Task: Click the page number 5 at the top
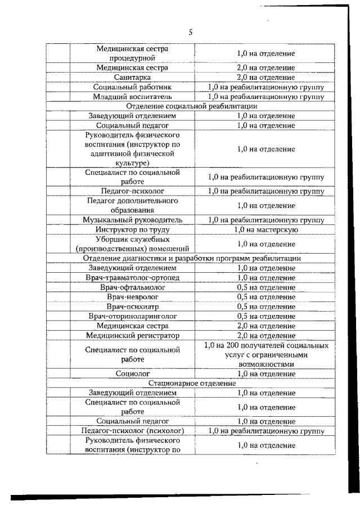pyautogui.click(x=190, y=32)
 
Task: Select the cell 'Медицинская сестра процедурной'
pyautogui.click(x=132, y=53)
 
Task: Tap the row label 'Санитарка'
pyautogui.click(x=132, y=77)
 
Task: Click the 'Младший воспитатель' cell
pyautogui.click(x=132, y=96)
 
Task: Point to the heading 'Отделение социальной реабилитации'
pyautogui.click(x=192, y=106)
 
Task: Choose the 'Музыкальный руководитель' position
pyautogui.click(x=132, y=220)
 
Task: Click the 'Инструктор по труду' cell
pyautogui.click(x=132, y=229)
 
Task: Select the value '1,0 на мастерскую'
pyautogui.click(x=265, y=229)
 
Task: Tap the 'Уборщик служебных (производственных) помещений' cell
pyautogui.click(x=132, y=244)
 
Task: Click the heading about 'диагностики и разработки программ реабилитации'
pyautogui.click(x=192, y=258)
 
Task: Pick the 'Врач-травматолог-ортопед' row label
pyautogui.click(x=132, y=278)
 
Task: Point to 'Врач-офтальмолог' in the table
pyautogui.click(x=132, y=287)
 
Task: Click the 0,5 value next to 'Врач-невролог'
pyautogui.click(x=265, y=297)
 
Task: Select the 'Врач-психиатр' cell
pyautogui.click(x=132, y=307)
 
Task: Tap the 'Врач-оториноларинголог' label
pyautogui.click(x=132, y=317)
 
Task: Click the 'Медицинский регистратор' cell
pyautogui.click(x=132, y=336)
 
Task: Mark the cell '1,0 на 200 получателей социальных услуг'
pyautogui.click(x=265, y=354)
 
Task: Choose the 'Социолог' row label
pyautogui.click(x=132, y=373)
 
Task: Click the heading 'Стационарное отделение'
pyautogui.click(x=192, y=383)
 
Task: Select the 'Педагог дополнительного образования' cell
pyautogui.click(x=132, y=205)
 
